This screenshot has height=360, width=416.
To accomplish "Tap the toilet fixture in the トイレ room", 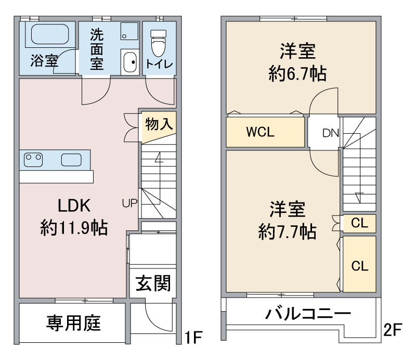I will (x=158, y=44).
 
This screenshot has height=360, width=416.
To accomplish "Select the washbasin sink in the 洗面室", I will (x=130, y=63).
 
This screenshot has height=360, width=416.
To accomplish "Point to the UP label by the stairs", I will (x=129, y=203).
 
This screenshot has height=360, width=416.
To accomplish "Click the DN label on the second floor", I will (x=331, y=133).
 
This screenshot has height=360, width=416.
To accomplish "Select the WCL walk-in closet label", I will (x=259, y=132).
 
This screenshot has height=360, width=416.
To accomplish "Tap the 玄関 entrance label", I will (x=153, y=284).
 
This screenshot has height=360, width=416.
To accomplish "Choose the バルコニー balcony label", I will (x=307, y=314).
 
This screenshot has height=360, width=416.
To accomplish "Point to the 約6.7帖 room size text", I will (x=298, y=74).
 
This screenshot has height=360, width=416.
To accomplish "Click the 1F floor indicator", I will (x=193, y=338).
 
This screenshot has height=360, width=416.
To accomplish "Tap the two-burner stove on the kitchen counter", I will (x=34, y=158).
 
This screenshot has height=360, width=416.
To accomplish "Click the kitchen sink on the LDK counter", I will (x=72, y=159).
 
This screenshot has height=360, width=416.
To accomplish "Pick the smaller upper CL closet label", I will (x=359, y=224).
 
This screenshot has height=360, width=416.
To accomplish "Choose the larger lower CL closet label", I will (x=359, y=265).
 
